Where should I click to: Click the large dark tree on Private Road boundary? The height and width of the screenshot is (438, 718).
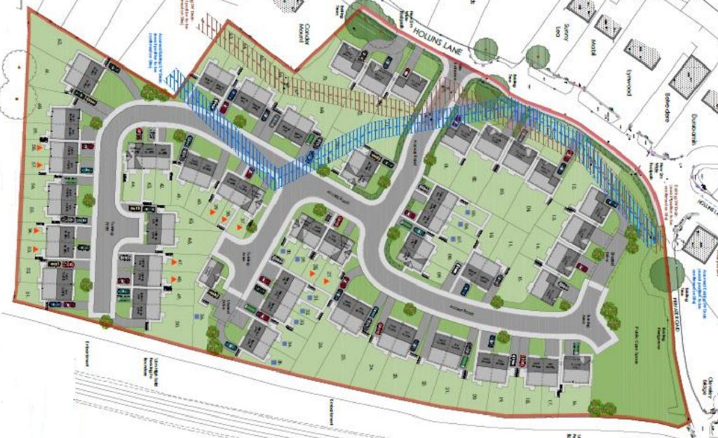click(667, 273)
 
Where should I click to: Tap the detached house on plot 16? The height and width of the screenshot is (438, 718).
click(576, 368)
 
